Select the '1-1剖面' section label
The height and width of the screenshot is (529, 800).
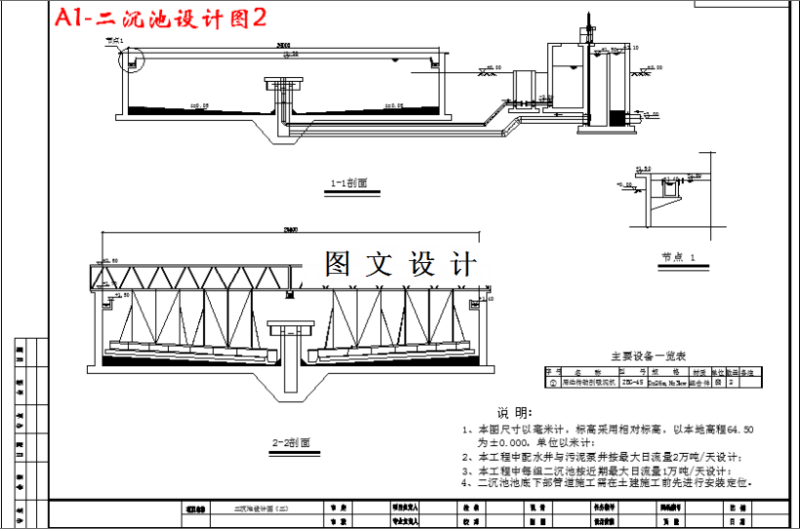[349, 182]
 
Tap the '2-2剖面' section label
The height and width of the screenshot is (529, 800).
[293, 442]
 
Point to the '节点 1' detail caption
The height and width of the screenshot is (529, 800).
[678, 257]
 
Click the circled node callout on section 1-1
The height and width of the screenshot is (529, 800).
[130, 59]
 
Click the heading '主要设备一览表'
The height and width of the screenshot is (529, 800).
[649, 356]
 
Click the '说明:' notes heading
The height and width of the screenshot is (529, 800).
[514, 413]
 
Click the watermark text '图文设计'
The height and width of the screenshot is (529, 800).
[401, 264]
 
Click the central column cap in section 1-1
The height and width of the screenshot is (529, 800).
[278, 86]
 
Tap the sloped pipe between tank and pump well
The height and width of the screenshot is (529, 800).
[506, 127]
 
